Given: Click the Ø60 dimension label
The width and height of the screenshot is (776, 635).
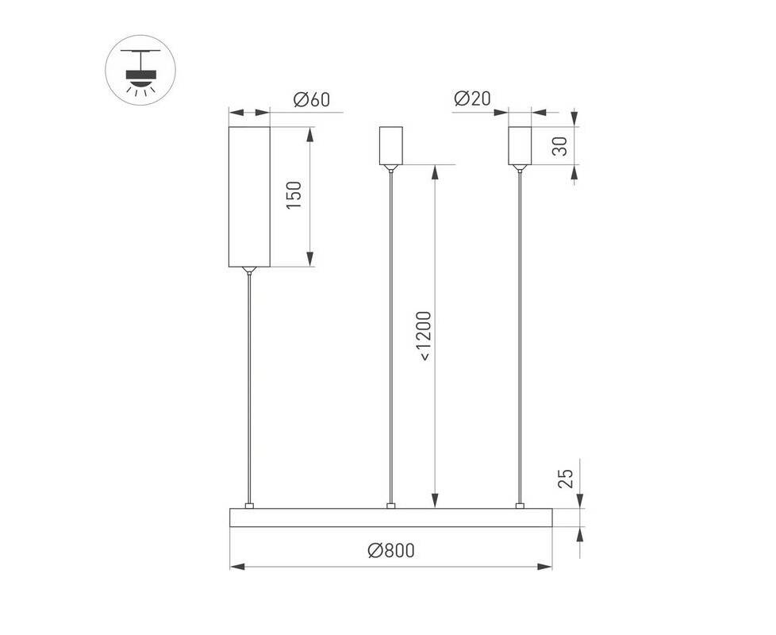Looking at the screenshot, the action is [311, 99].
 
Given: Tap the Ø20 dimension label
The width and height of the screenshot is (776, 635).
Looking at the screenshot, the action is [472, 98].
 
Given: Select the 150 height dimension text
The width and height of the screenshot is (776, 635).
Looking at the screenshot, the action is [294, 195].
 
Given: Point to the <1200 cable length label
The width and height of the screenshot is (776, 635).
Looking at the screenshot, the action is [424, 336].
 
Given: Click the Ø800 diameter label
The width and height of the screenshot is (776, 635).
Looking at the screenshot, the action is [391, 550].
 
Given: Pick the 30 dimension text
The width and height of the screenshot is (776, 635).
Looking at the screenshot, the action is [559, 146].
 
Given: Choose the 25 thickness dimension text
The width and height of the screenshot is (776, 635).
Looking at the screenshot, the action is [565, 479].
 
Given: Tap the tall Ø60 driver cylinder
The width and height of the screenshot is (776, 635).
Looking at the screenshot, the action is [249, 197].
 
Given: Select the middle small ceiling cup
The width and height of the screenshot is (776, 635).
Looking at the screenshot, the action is [391, 145].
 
